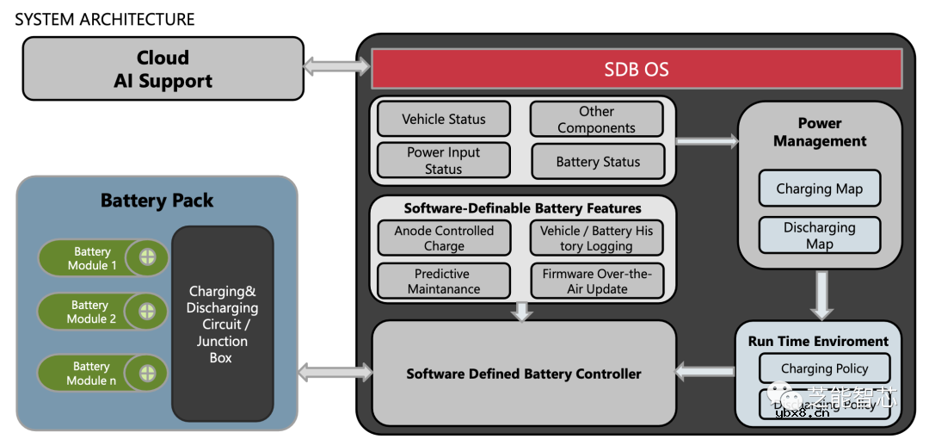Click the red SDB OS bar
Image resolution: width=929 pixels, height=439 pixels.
pos(636,69)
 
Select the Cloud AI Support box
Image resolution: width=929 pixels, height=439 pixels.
pos(163,69)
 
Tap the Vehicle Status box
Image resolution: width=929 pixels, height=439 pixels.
pos(444,119)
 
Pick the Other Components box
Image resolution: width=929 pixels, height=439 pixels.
pos(596,120)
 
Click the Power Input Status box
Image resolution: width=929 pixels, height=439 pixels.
pos(444,160)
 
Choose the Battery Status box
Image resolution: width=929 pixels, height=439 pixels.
pos(598,161)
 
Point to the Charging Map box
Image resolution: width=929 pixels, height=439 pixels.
pos(819,189)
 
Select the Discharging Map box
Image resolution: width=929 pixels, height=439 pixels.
pos(819,235)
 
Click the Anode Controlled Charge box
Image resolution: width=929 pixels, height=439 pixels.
pos(444,238)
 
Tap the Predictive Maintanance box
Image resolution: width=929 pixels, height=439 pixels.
pos(444,281)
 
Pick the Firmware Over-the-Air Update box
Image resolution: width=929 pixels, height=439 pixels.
pos(597,281)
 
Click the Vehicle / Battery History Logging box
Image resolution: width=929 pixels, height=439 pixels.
pos(597,238)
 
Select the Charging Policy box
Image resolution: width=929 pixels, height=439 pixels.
pos(824,368)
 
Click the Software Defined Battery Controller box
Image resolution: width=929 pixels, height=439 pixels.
pos(524,374)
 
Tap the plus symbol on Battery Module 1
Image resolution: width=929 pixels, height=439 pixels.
pos(147,257)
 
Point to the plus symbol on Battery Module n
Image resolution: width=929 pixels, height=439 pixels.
pos(147,373)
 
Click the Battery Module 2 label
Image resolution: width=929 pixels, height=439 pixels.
pos(90,312)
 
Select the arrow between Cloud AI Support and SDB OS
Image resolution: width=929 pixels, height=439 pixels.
pos(336,65)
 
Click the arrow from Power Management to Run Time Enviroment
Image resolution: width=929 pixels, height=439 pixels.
pos(821,294)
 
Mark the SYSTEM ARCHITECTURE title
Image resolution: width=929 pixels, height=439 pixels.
pos(105,18)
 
